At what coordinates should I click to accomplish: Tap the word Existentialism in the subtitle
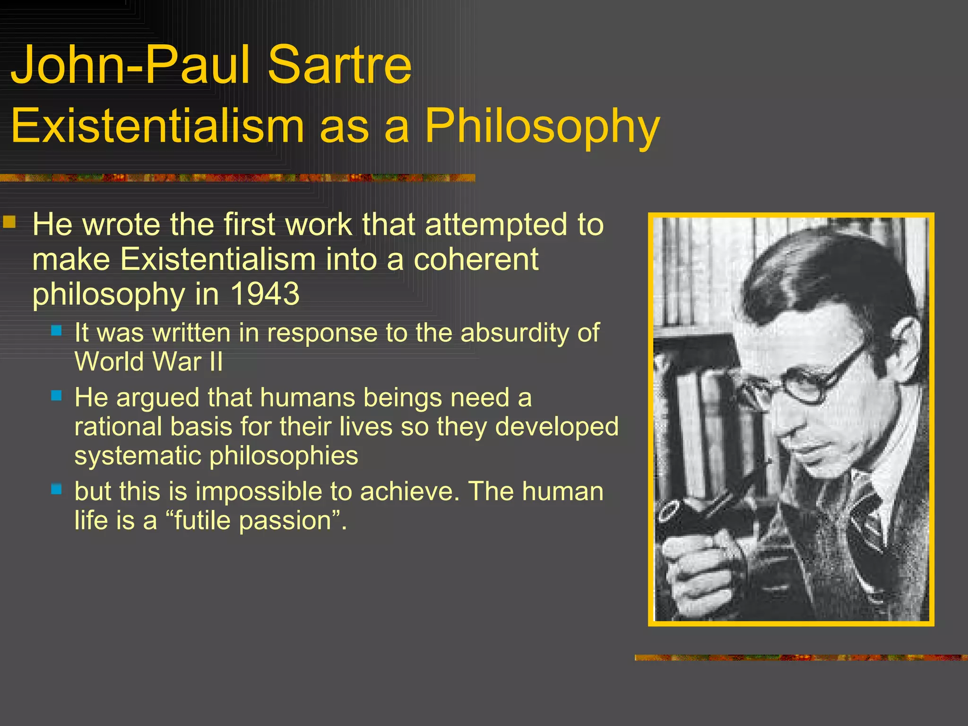157,126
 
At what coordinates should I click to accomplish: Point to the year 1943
265,294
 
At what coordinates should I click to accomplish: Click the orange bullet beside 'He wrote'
9,222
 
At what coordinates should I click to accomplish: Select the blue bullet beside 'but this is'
57,489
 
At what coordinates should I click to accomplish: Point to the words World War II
148,362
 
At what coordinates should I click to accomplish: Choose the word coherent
476,259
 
